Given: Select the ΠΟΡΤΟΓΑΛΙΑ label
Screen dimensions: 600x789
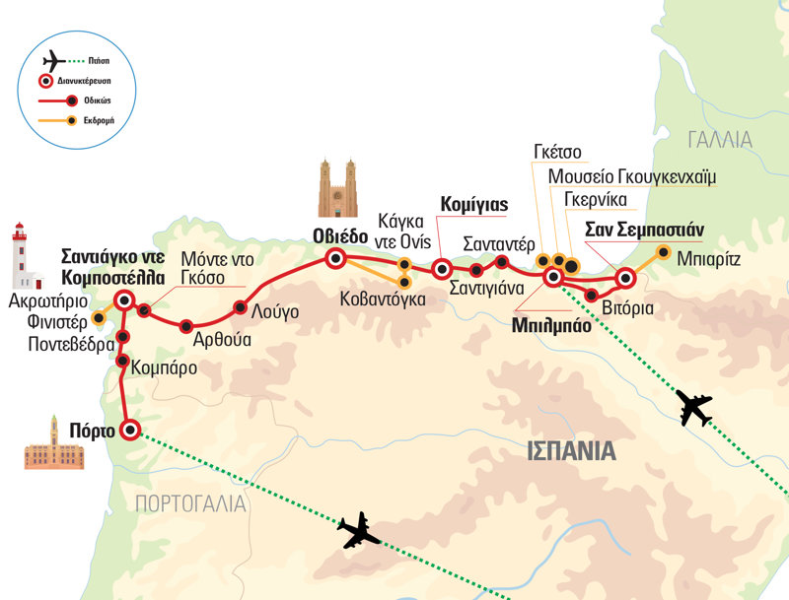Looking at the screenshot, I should pyautogui.click(x=190, y=504).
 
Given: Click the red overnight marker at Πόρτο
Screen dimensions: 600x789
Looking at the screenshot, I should pyautogui.click(x=129, y=430).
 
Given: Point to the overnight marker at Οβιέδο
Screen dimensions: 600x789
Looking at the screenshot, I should pyautogui.click(x=336, y=259).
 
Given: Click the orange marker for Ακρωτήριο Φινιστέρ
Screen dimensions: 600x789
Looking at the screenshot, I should pyautogui.click(x=98, y=319).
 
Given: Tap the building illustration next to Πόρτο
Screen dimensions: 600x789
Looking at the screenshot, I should pyautogui.click(x=47, y=444).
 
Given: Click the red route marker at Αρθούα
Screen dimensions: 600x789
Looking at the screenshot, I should pyautogui.click(x=185, y=326).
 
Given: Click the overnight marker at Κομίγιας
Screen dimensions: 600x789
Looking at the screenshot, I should pyautogui.click(x=442, y=267).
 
